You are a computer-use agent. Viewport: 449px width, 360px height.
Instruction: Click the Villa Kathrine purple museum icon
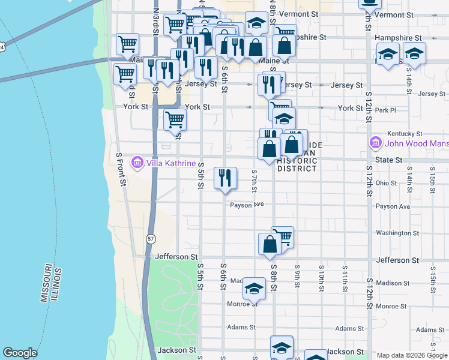tap(137, 163)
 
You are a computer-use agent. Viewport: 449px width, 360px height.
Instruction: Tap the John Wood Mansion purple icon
tap(376, 143)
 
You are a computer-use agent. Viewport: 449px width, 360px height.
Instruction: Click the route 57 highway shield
tap(150, 239)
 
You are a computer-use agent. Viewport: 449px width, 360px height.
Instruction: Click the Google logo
tap(20, 353)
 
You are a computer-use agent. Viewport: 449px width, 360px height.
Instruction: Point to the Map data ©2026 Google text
tap(411, 355)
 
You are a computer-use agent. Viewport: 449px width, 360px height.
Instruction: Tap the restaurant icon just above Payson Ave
tap(225, 178)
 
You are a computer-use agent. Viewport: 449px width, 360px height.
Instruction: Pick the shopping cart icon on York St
tap(175, 119)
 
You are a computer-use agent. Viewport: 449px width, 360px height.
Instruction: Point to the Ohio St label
tap(386, 183)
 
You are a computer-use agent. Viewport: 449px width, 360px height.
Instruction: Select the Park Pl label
tap(385, 110)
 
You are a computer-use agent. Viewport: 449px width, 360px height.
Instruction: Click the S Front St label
tap(120, 168)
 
